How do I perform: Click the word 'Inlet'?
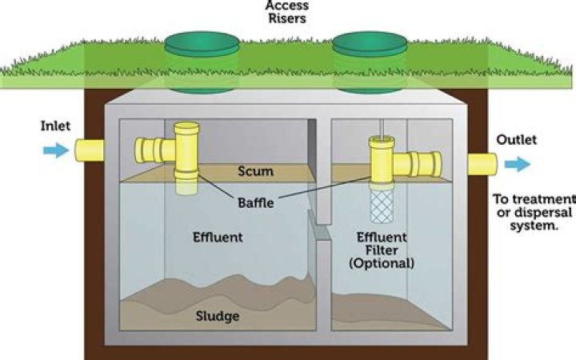click(x=56, y=126)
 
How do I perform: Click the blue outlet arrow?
click(x=517, y=164)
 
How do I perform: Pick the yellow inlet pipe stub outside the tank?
click(x=90, y=150)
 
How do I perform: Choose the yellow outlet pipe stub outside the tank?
click(x=482, y=163)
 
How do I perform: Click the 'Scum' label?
click(x=256, y=171)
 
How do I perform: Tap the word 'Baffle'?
click(x=256, y=202)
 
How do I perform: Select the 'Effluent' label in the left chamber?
click(x=218, y=238)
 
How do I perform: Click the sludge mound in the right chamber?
click(x=376, y=307)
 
